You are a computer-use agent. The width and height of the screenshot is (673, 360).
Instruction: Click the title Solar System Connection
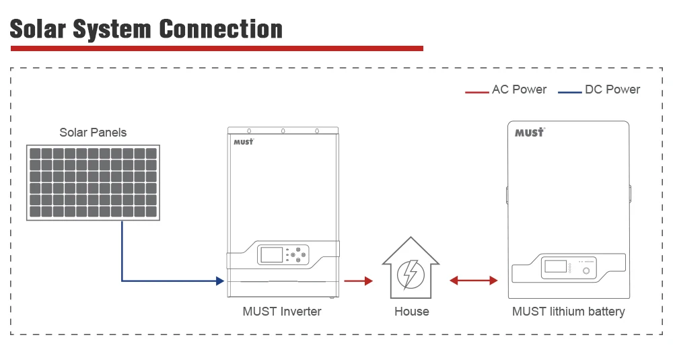point(146,29)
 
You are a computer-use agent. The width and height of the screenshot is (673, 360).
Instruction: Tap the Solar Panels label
point(93,133)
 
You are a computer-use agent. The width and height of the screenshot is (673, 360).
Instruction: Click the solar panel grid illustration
point(93,182)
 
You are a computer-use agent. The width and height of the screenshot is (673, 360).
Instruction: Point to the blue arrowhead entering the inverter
point(220,281)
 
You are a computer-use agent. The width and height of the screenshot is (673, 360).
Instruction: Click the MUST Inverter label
point(282,312)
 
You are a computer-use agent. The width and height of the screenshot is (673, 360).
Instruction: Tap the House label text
point(411,312)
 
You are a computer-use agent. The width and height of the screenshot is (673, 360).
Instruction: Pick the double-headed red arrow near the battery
point(474,281)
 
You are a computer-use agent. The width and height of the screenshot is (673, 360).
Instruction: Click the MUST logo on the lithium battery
point(529,133)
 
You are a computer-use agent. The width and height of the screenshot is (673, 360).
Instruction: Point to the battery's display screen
point(555,265)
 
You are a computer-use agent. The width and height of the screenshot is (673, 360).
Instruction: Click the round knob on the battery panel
point(586,271)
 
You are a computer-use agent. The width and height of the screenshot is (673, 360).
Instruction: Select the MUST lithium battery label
point(568,312)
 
